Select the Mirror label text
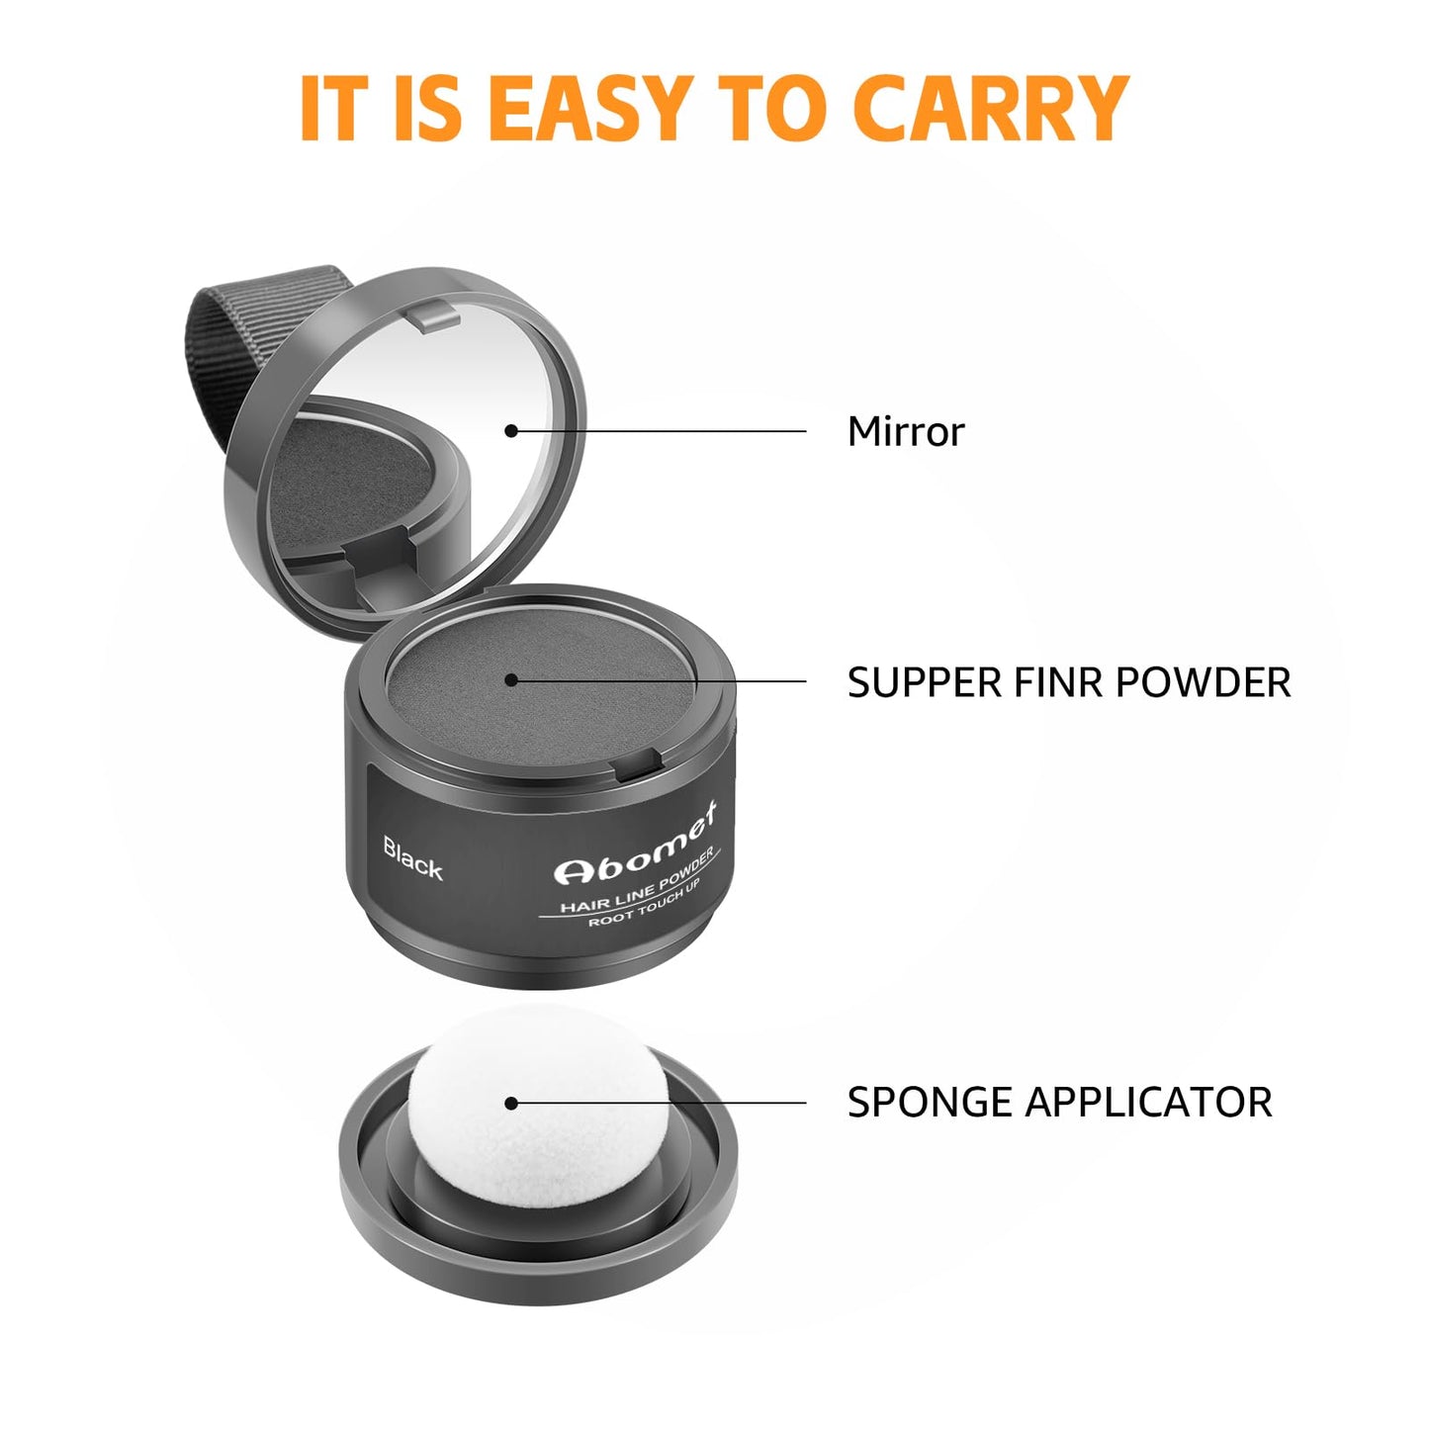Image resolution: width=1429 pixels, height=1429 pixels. tap(905, 432)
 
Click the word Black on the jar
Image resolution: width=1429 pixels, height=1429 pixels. tap(412, 858)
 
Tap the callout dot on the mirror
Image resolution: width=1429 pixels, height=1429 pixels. tap(511, 431)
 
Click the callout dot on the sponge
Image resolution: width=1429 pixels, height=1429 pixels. tap(511, 1103)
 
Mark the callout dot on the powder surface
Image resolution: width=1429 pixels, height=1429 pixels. tap(511, 679)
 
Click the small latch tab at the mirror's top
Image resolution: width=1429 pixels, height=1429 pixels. tap(434, 315)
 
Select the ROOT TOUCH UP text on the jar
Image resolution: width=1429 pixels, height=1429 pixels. tap(644, 902)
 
